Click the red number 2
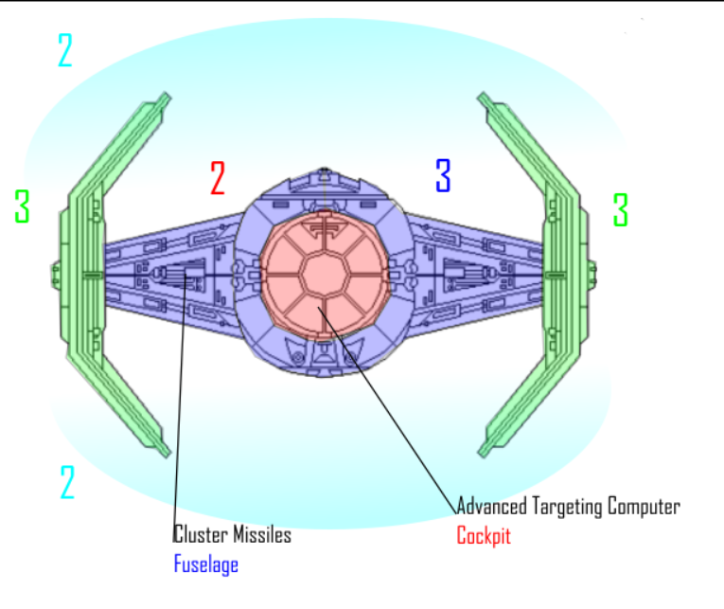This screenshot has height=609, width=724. tap(218, 178)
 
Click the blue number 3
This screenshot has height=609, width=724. tap(443, 175)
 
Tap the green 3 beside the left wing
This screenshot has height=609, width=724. tap(22, 206)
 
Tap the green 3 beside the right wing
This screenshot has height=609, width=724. tap(621, 209)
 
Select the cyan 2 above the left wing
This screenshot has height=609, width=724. tap(64, 50)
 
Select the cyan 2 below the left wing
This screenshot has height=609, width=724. tap(66, 482)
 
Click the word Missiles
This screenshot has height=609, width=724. tap(262, 535)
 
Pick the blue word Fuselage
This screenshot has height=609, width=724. tap(205, 565)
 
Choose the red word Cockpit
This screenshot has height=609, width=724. tap(484, 536)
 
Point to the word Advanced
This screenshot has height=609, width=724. tap(491, 506)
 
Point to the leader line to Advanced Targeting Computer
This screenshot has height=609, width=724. tap(397, 417)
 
